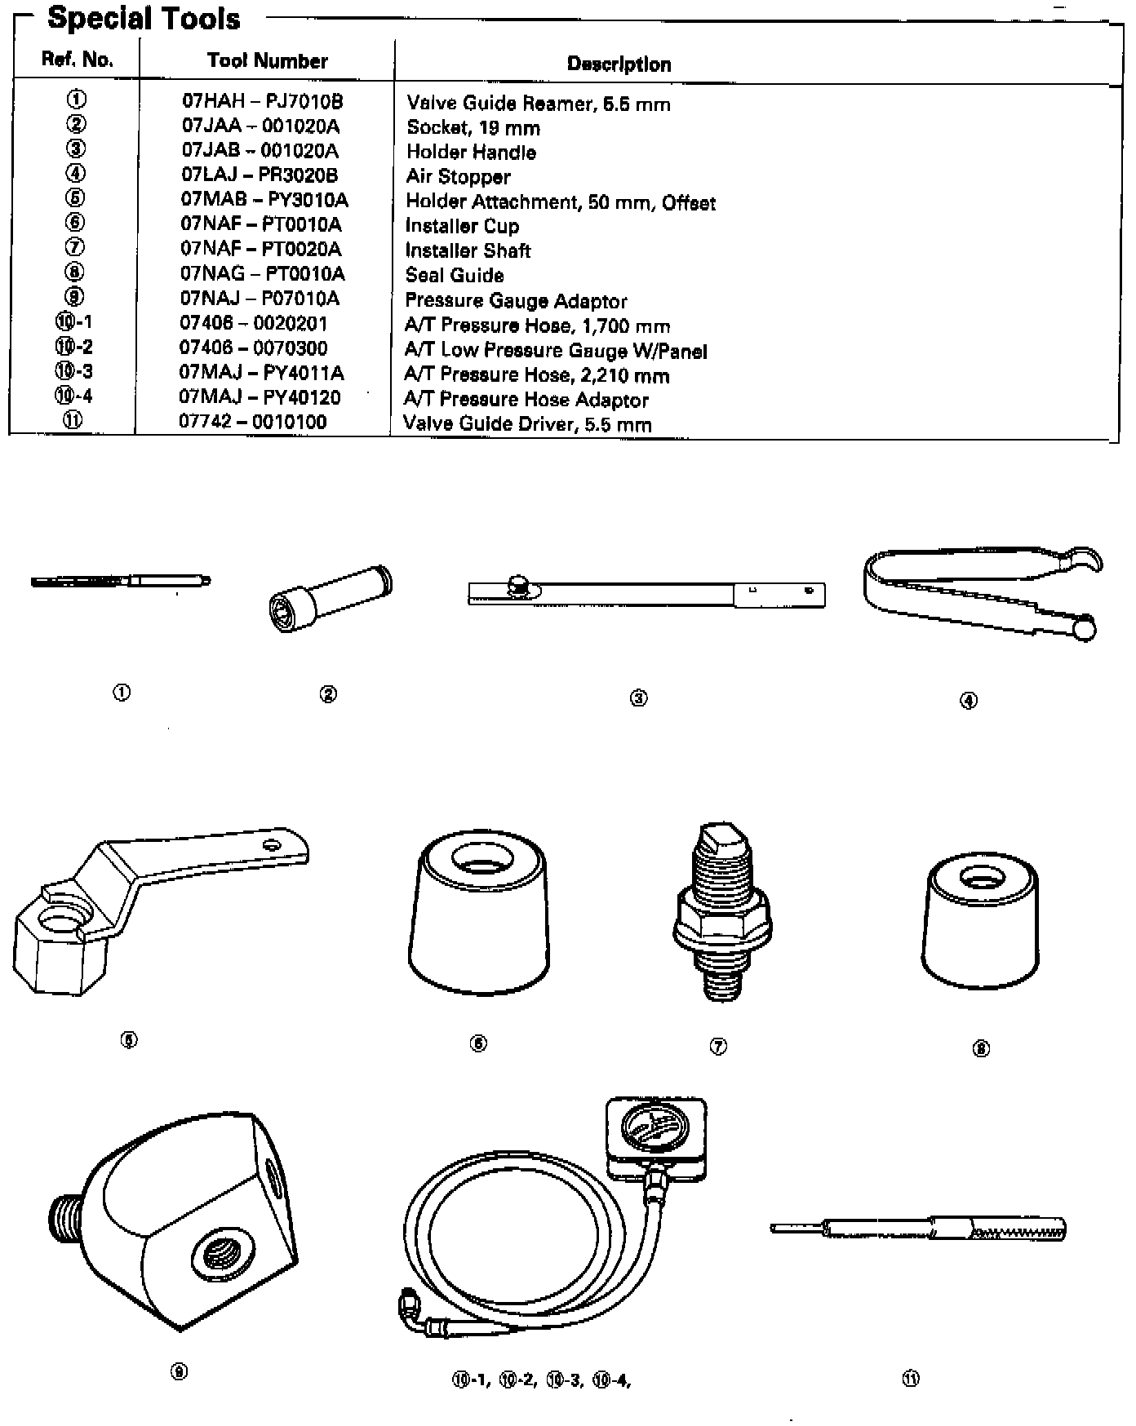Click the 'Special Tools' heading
pyautogui.click(x=144, y=18)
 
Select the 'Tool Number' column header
pyautogui.click(x=267, y=60)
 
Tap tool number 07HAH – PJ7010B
pyautogui.click(x=262, y=101)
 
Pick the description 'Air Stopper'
pyautogui.click(x=458, y=176)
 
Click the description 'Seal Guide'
pyautogui.click(x=455, y=275)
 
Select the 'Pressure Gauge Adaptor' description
pyautogui.click(x=516, y=300)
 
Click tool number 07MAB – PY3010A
pyautogui.click(x=264, y=200)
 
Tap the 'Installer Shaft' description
pyautogui.click(x=468, y=250)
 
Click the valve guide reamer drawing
pyautogui.click(x=121, y=581)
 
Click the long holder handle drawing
pyautogui.click(x=646, y=593)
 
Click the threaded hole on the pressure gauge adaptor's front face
pyautogui.click(x=224, y=1250)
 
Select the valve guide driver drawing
pyautogui.click(x=918, y=1229)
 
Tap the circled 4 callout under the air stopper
pyautogui.click(x=968, y=700)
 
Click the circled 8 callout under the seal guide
pyautogui.click(x=981, y=1049)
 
